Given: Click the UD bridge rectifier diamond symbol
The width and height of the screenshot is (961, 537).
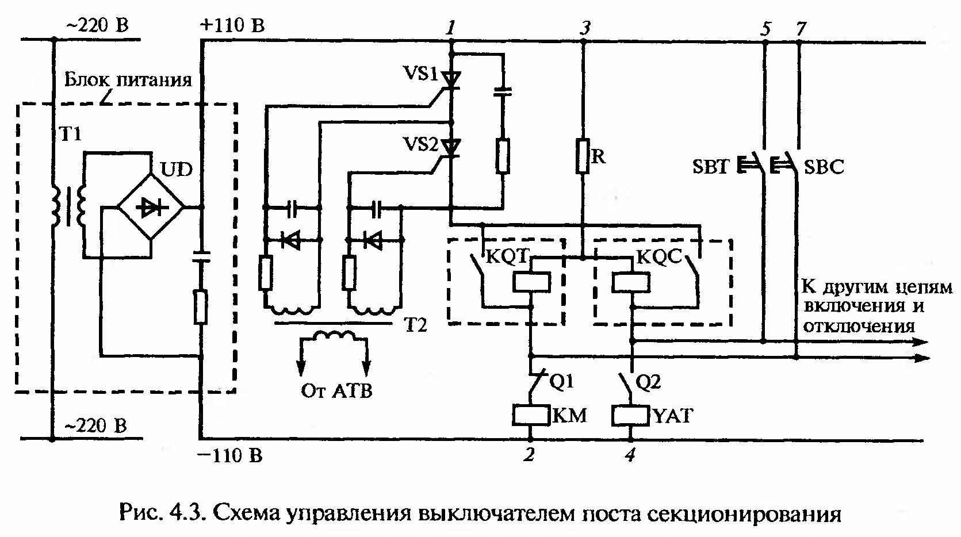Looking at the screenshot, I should point(151,208).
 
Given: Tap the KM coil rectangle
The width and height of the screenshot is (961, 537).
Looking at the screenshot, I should point(531,415).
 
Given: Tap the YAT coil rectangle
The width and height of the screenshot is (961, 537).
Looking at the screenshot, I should point(631,415).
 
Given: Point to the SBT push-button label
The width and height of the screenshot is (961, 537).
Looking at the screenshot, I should point(710,167).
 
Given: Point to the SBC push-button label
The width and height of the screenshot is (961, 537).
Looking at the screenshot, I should point(824,167).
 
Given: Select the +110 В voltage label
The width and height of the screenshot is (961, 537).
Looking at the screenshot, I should point(232,26).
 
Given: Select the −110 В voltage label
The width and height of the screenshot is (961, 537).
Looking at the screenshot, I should point(230,456).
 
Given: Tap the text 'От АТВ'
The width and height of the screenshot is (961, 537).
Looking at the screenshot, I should point(336,391).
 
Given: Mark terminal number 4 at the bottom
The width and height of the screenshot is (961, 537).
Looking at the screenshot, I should point(631,455).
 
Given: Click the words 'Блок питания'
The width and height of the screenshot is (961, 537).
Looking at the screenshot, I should point(128,79).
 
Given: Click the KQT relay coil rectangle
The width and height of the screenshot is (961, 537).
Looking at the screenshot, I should point(531,282).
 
